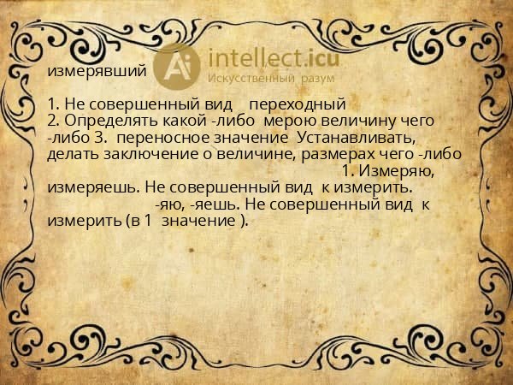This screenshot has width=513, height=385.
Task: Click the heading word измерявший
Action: (x=97, y=72)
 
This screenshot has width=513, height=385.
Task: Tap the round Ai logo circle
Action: (x=177, y=67)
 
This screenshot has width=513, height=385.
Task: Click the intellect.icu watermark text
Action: (x=274, y=58)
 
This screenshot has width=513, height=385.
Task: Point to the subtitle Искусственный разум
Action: (x=271, y=78)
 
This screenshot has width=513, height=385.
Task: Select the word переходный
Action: (x=298, y=104)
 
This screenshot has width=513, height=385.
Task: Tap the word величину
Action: (x=358, y=121)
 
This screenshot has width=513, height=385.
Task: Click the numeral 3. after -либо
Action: (x=101, y=138)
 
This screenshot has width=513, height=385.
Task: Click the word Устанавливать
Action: (x=357, y=138)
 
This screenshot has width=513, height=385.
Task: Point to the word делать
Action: (x=74, y=155)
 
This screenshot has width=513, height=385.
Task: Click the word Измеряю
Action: (x=398, y=171)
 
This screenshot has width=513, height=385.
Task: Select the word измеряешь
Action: (x=94, y=188)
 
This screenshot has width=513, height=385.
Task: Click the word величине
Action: (x=256, y=155)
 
